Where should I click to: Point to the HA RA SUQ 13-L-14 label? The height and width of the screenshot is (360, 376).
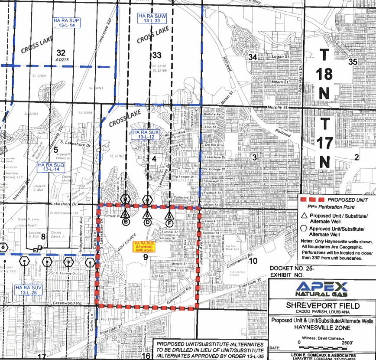51,167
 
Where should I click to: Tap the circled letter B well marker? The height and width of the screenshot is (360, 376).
126,222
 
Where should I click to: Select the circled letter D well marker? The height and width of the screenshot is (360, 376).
147,222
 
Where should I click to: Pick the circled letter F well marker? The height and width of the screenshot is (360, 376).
170,222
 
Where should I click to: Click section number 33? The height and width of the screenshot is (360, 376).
156,55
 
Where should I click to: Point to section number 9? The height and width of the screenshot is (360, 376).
146,257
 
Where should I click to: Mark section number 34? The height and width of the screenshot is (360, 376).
253,57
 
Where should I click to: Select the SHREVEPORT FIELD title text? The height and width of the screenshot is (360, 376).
322,305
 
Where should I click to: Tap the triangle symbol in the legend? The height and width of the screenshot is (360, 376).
305,216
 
